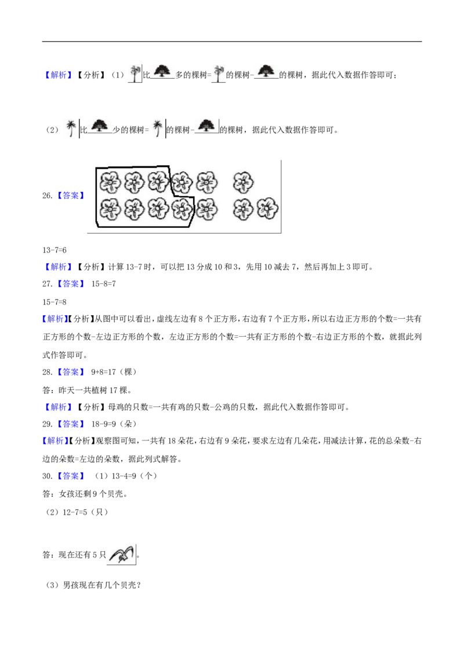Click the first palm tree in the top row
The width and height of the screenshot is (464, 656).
tap(135, 72)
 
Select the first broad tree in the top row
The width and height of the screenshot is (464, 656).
tap(162, 70)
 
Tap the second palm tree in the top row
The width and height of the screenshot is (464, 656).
tap(218, 72)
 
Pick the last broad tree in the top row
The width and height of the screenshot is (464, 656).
tap(267, 69)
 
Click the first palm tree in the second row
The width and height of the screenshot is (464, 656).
tap(70, 127)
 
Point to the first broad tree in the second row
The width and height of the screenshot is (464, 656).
tap(100, 125)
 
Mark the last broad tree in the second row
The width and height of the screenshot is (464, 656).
tap(206, 125)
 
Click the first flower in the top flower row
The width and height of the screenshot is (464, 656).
tap(110, 183)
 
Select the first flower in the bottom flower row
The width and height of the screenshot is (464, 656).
tap(110, 209)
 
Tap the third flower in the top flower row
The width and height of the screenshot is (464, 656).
tap(158, 182)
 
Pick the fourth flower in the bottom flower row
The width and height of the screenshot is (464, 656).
tap(182, 207)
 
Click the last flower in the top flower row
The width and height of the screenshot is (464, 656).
tap(244, 183)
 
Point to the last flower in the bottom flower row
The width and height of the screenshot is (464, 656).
tap(267, 209)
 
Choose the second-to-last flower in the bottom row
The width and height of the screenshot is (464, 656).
tap(244, 209)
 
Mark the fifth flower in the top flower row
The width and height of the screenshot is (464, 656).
tap(206, 183)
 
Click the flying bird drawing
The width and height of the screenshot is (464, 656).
tap(121, 554)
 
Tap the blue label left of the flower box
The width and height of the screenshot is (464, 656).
tap(70, 195)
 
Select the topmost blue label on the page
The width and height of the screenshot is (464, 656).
tap(58, 75)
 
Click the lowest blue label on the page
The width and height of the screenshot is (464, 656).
tap(70, 476)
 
